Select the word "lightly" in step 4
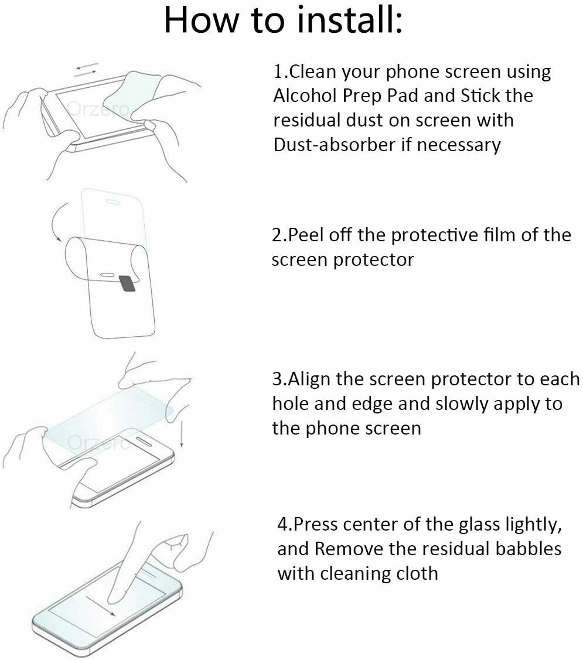tap(529, 525)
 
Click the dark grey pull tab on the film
tap(127, 283)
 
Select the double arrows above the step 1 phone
tap(87, 69)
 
